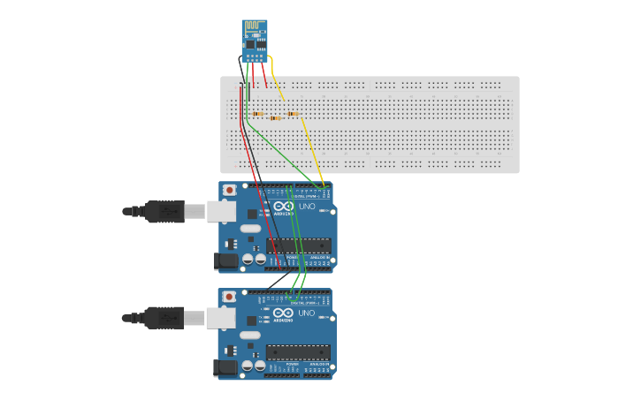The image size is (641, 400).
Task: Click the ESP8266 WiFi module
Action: coord(255,41)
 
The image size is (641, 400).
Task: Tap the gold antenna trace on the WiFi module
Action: coord(254,26)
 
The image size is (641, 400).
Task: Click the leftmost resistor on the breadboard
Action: coord(257,114)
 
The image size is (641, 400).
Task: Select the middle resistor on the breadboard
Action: coord(275,117)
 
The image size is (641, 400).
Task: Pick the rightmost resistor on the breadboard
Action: coord(293,114)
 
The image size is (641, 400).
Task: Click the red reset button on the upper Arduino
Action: coord(230,190)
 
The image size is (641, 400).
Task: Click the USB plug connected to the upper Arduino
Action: coord(164,211)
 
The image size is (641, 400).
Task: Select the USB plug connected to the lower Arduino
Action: coord(164,317)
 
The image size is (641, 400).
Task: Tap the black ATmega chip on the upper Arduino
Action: coord(299,245)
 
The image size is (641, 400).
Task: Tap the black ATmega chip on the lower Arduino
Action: coord(299,352)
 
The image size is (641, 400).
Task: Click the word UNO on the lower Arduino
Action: coord(307,313)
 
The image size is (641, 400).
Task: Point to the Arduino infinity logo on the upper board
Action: coord(283,206)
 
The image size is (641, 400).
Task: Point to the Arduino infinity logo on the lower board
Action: coord(283,313)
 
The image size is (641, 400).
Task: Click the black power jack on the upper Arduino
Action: coord(226,260)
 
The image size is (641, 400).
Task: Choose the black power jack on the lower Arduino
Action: coord(225,367)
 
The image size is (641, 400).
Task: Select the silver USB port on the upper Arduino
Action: coord(221,211)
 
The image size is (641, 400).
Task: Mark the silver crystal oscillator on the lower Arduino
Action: coord(250,335)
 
